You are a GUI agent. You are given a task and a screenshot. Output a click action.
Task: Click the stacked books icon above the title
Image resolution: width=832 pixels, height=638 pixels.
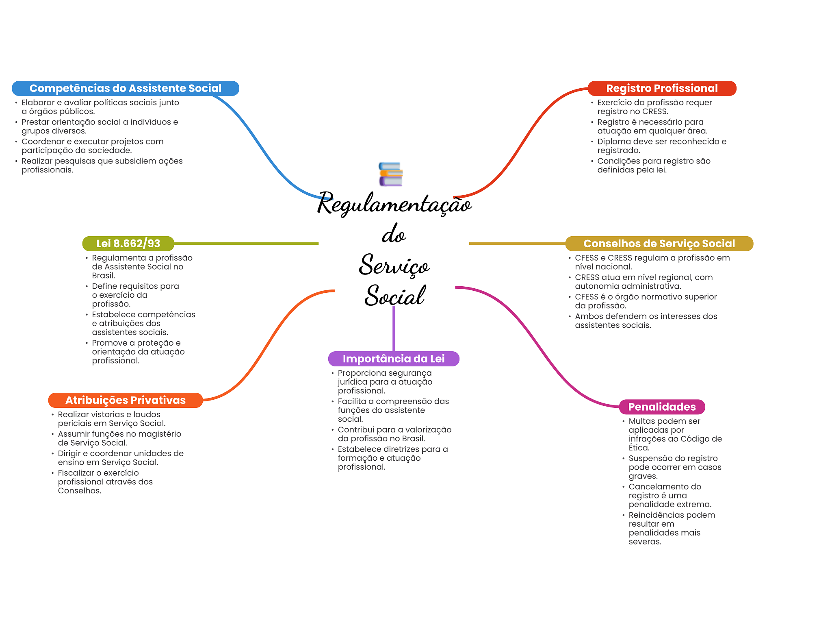(x=390, y=174)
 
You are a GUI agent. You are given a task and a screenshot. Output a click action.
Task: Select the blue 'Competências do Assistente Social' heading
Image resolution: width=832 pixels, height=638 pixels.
(x=125, y=88)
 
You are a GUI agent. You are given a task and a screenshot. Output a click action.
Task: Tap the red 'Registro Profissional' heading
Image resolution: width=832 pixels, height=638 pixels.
(x=662, y=88)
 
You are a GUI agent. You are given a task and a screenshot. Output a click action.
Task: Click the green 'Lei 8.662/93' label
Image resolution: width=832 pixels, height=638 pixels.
(x=128, y=244)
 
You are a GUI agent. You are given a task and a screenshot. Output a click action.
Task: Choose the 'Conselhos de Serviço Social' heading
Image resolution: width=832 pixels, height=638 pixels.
(x=659, y=244)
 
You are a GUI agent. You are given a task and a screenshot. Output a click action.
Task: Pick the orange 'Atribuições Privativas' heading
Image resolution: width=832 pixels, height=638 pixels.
(x=125, y=400)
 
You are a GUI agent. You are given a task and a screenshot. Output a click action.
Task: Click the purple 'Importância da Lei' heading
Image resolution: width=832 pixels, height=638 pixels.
(x=393, y=359)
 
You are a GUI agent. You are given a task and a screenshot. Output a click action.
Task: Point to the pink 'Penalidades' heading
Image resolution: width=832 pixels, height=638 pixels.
(x=662, y=407)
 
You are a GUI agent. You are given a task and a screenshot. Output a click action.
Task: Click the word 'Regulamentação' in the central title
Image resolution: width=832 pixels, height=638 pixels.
(x=394, y=204)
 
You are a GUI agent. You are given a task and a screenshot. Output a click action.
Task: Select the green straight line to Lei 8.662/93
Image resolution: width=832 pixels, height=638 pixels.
(x=246, y=244)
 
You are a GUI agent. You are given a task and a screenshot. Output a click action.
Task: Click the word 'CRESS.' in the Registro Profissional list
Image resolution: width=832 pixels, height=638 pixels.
(x=655, y=111)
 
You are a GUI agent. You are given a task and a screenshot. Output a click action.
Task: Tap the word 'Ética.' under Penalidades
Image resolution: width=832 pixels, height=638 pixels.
(x=639, y=448)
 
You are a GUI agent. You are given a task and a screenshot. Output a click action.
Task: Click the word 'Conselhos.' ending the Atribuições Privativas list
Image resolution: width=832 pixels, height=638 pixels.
(x=80, y=491)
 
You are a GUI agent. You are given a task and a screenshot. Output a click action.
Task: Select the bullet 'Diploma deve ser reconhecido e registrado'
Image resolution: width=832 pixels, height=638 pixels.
(x=661, y=146)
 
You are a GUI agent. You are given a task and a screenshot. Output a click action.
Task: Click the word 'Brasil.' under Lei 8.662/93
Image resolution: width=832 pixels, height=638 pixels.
(x=104, y=276)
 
